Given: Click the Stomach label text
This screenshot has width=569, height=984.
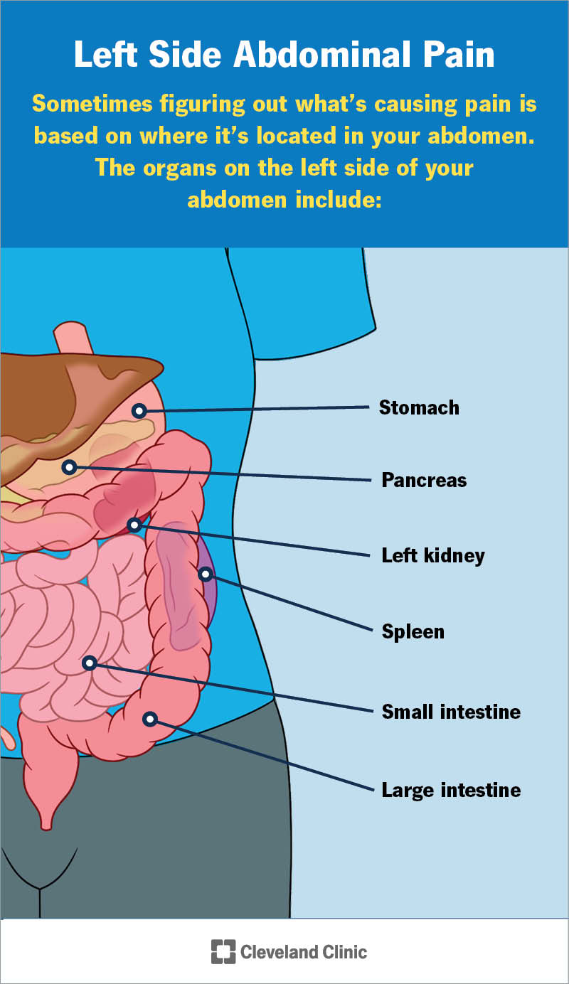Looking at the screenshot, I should (419, 407).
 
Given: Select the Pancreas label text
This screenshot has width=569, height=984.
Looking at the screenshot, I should (424, 480).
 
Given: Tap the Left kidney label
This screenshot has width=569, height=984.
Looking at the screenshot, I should (433, 555).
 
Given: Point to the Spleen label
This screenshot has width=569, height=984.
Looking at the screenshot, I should (413, 631).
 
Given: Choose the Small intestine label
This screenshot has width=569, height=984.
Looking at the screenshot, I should (451, 711).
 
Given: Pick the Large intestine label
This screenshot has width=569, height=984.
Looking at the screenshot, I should (451, 789).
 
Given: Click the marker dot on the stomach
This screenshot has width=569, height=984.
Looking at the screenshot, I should (139, 410).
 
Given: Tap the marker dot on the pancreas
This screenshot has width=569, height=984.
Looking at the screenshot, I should (69, 467).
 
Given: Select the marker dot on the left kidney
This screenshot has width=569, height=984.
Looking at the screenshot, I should (134, 525).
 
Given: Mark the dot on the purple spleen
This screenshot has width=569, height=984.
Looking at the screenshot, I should (205, 573).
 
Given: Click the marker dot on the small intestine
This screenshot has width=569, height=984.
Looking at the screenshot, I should (90, 663).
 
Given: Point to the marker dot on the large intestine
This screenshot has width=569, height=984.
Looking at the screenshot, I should (149, 719).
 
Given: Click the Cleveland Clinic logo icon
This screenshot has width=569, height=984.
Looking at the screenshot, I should (223, 951).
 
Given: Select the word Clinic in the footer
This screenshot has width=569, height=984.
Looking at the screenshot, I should (340, 951).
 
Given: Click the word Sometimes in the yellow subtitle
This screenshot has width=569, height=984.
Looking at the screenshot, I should (90, 104).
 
